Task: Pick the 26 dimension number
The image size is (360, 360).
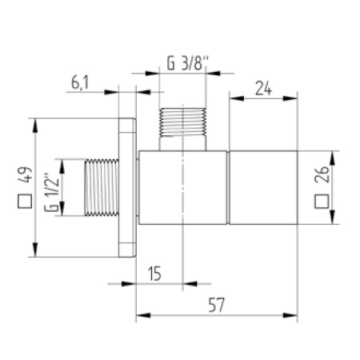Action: point(322,175)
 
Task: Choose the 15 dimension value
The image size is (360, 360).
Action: point(156,273)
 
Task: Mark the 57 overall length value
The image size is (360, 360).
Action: point(217,304)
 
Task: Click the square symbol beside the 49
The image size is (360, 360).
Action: point(25,201)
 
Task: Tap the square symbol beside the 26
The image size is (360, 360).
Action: point(322,202)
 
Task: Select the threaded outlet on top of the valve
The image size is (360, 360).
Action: point(183,129)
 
